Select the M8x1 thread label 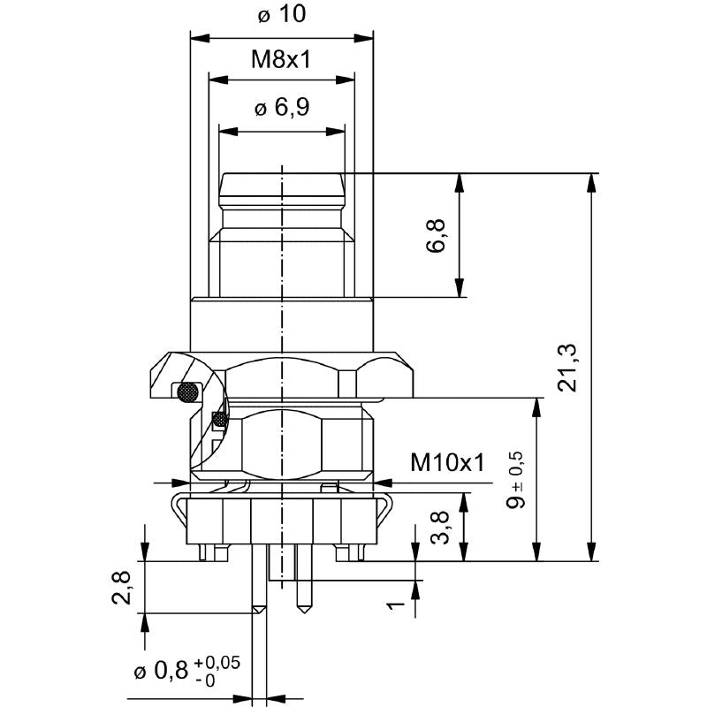coord(281,59)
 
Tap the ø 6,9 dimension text coord(281,109)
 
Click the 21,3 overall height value coord(569,367)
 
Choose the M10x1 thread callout coord(448,462)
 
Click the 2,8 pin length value coord(123,587)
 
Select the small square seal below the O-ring coord(218,418)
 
